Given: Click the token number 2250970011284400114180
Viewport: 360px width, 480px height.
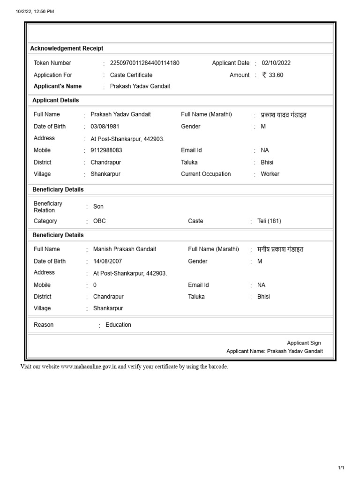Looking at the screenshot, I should coord(144,63).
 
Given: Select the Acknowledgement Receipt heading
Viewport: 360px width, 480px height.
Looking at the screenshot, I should coord(67,49).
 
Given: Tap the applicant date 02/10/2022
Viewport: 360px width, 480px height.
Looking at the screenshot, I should coord(276,63).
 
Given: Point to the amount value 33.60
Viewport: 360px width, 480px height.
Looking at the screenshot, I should coord(276,75).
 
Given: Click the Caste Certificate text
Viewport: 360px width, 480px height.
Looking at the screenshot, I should coord(131,75).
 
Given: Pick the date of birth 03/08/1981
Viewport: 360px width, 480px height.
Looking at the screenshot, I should coord(105,127).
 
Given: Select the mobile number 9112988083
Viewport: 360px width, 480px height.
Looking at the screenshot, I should coord(106,150).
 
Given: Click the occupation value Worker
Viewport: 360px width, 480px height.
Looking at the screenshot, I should coord(270,174).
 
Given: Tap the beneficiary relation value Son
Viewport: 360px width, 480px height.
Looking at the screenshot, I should coord(98,207).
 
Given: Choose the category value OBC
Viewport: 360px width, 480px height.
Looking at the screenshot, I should coord(99,221).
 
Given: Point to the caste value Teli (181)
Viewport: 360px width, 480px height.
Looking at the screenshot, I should coord(269,221).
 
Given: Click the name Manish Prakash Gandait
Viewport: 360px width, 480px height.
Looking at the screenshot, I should coord(125,249).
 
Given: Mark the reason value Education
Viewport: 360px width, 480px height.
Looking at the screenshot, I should coord(119,325).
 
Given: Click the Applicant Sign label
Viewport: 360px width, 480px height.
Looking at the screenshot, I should coord(304,343).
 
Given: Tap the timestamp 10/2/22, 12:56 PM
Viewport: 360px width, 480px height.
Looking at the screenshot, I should coord(35,12).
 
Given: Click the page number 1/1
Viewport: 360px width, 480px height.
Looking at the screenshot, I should coord(341,468).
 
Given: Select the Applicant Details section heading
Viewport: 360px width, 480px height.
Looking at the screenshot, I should coord(55,100).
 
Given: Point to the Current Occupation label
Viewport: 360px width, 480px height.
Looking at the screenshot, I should coord(206,174).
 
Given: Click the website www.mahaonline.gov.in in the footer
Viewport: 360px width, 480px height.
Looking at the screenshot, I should coord(89,367).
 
